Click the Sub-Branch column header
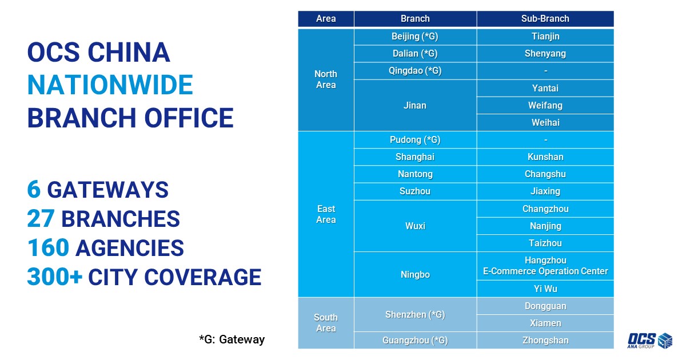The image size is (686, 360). [545, 19]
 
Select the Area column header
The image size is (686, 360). [326, 19]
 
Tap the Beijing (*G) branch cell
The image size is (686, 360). [415, 37]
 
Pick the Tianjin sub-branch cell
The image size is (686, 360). [545, 37]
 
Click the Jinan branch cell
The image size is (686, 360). [415, 106]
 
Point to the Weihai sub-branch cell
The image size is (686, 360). [545, 123]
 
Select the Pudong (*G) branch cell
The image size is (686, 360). [415, 140]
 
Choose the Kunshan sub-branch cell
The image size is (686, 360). [545, 157]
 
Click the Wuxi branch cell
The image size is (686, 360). [415, 226]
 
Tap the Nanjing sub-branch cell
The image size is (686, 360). [545, 226]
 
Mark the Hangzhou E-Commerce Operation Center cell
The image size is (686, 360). [545, 266]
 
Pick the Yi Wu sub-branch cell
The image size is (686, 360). [545, 289]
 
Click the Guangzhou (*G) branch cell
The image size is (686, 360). [415, 341]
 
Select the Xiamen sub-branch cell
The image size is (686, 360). [545, 323]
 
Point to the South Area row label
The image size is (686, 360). [326, 323]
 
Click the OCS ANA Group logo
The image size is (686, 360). [649, 341]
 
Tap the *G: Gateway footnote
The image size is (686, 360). [232, 339]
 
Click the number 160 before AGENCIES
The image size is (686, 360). [48, 247]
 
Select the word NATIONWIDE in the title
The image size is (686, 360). [110, 85]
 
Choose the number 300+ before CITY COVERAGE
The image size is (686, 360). [55, 277]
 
